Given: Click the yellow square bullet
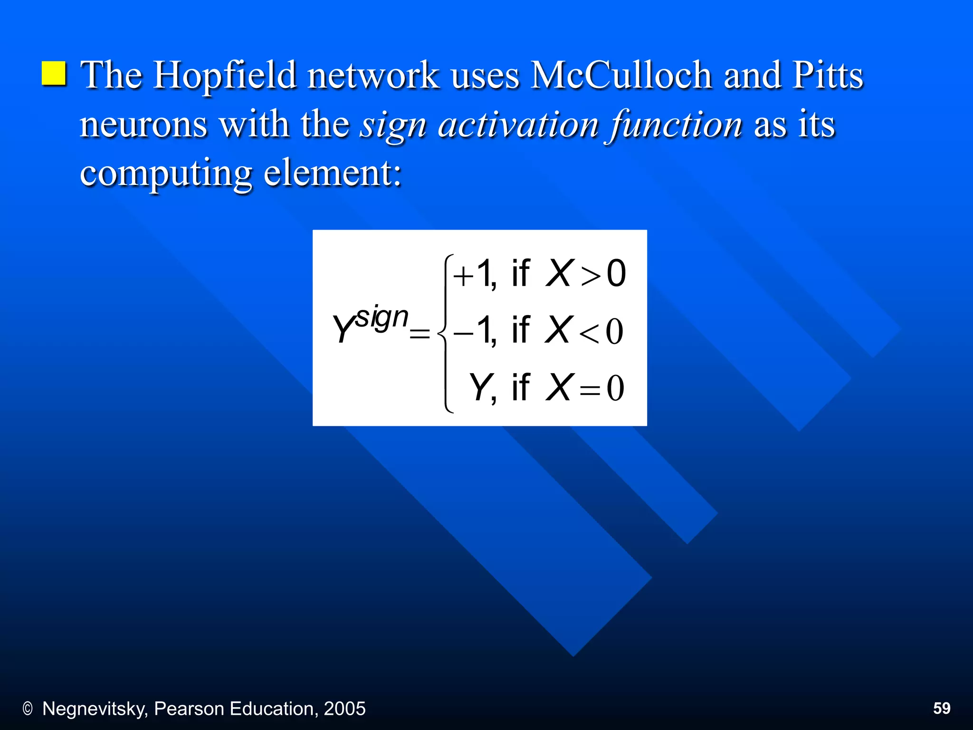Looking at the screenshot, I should point(54,74).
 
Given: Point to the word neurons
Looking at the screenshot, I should point(143,125).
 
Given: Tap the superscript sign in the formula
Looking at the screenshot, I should point(382,318).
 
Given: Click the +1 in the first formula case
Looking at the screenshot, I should point(473,274).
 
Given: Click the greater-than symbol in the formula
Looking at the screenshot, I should point(591,276).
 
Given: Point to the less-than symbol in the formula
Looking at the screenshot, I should point(589,333).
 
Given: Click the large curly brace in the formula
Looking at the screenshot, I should point(445,333).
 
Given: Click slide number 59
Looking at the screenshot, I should point(942,708).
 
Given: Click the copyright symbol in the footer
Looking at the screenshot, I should point(28,709).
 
